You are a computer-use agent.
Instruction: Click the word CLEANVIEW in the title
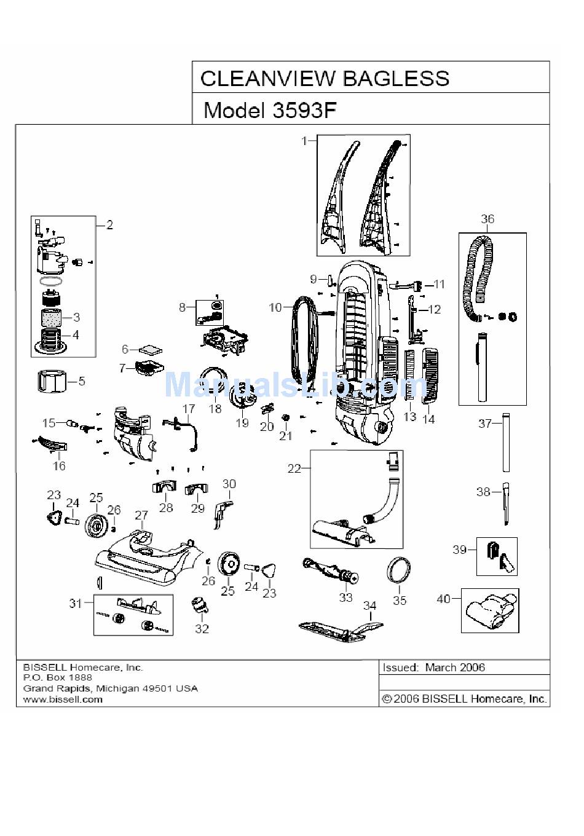click(268, 79)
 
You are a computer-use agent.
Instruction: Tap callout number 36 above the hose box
click(487, 219)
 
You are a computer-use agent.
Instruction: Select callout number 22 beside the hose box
click(294, 468)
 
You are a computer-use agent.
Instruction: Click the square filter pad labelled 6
click(151, 351)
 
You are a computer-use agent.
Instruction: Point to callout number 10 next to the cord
click(275, 307)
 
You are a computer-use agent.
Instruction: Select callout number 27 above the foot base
click(141, 516)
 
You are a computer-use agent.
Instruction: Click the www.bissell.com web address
click(63, 700)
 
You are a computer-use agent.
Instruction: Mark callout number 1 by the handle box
click(304, 141)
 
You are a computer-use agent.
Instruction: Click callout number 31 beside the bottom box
click(76, 603)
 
